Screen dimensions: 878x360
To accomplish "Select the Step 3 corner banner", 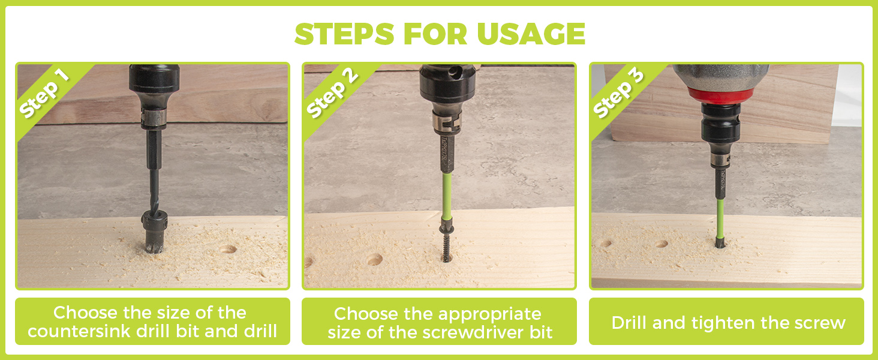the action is [x=618, y=94].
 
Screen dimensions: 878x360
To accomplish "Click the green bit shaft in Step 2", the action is [x=446, y=196].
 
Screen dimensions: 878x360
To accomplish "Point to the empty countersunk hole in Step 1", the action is [x=228, y=249].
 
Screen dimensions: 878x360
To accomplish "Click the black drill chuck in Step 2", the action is [x=447, y=90].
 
